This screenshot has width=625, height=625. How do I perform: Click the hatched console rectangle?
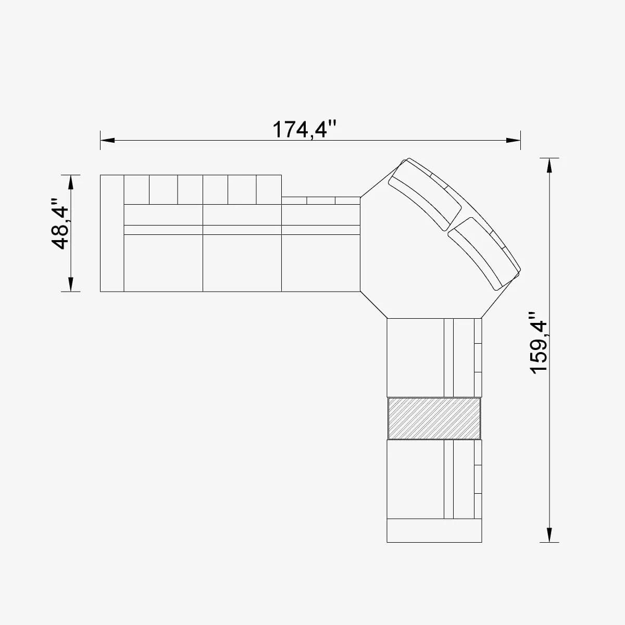434,418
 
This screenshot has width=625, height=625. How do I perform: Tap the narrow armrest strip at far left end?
112,233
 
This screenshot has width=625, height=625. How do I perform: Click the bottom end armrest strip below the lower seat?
434,531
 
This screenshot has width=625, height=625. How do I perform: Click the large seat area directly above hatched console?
416,357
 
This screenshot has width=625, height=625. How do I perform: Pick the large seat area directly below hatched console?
416,479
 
